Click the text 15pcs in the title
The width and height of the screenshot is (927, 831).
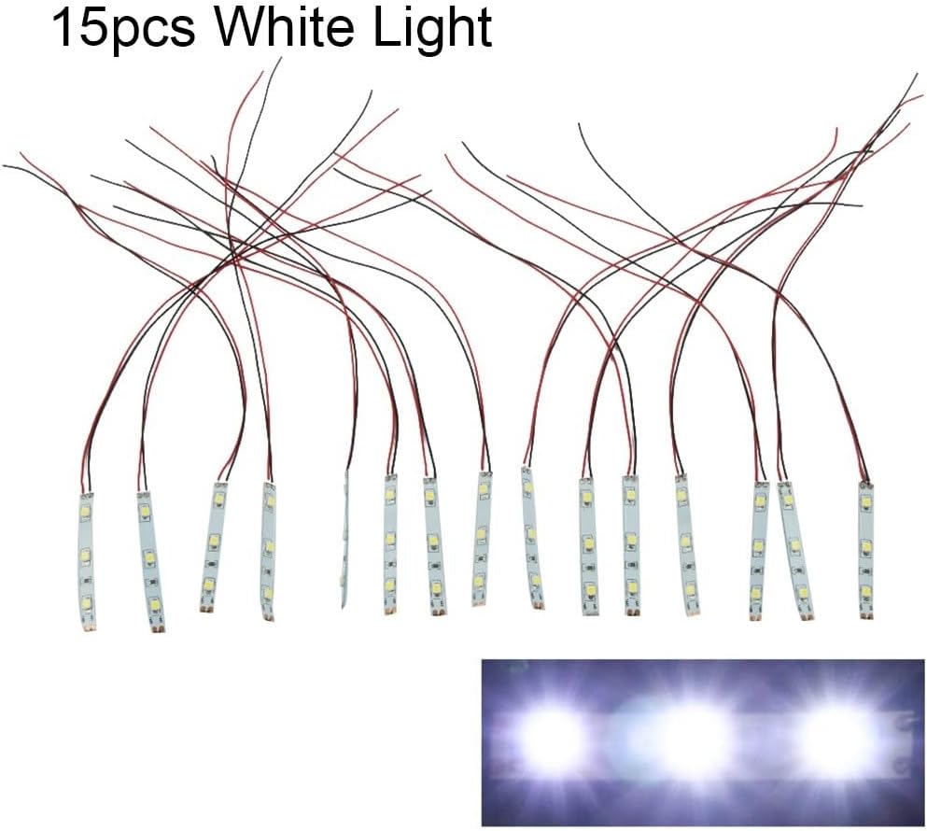[122, 29]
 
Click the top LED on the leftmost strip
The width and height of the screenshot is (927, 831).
[86, 512]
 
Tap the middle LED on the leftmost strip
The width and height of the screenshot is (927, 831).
[85, 556]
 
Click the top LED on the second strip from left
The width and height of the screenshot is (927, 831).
[145, 512]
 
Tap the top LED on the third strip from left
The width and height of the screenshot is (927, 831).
[218, 503]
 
